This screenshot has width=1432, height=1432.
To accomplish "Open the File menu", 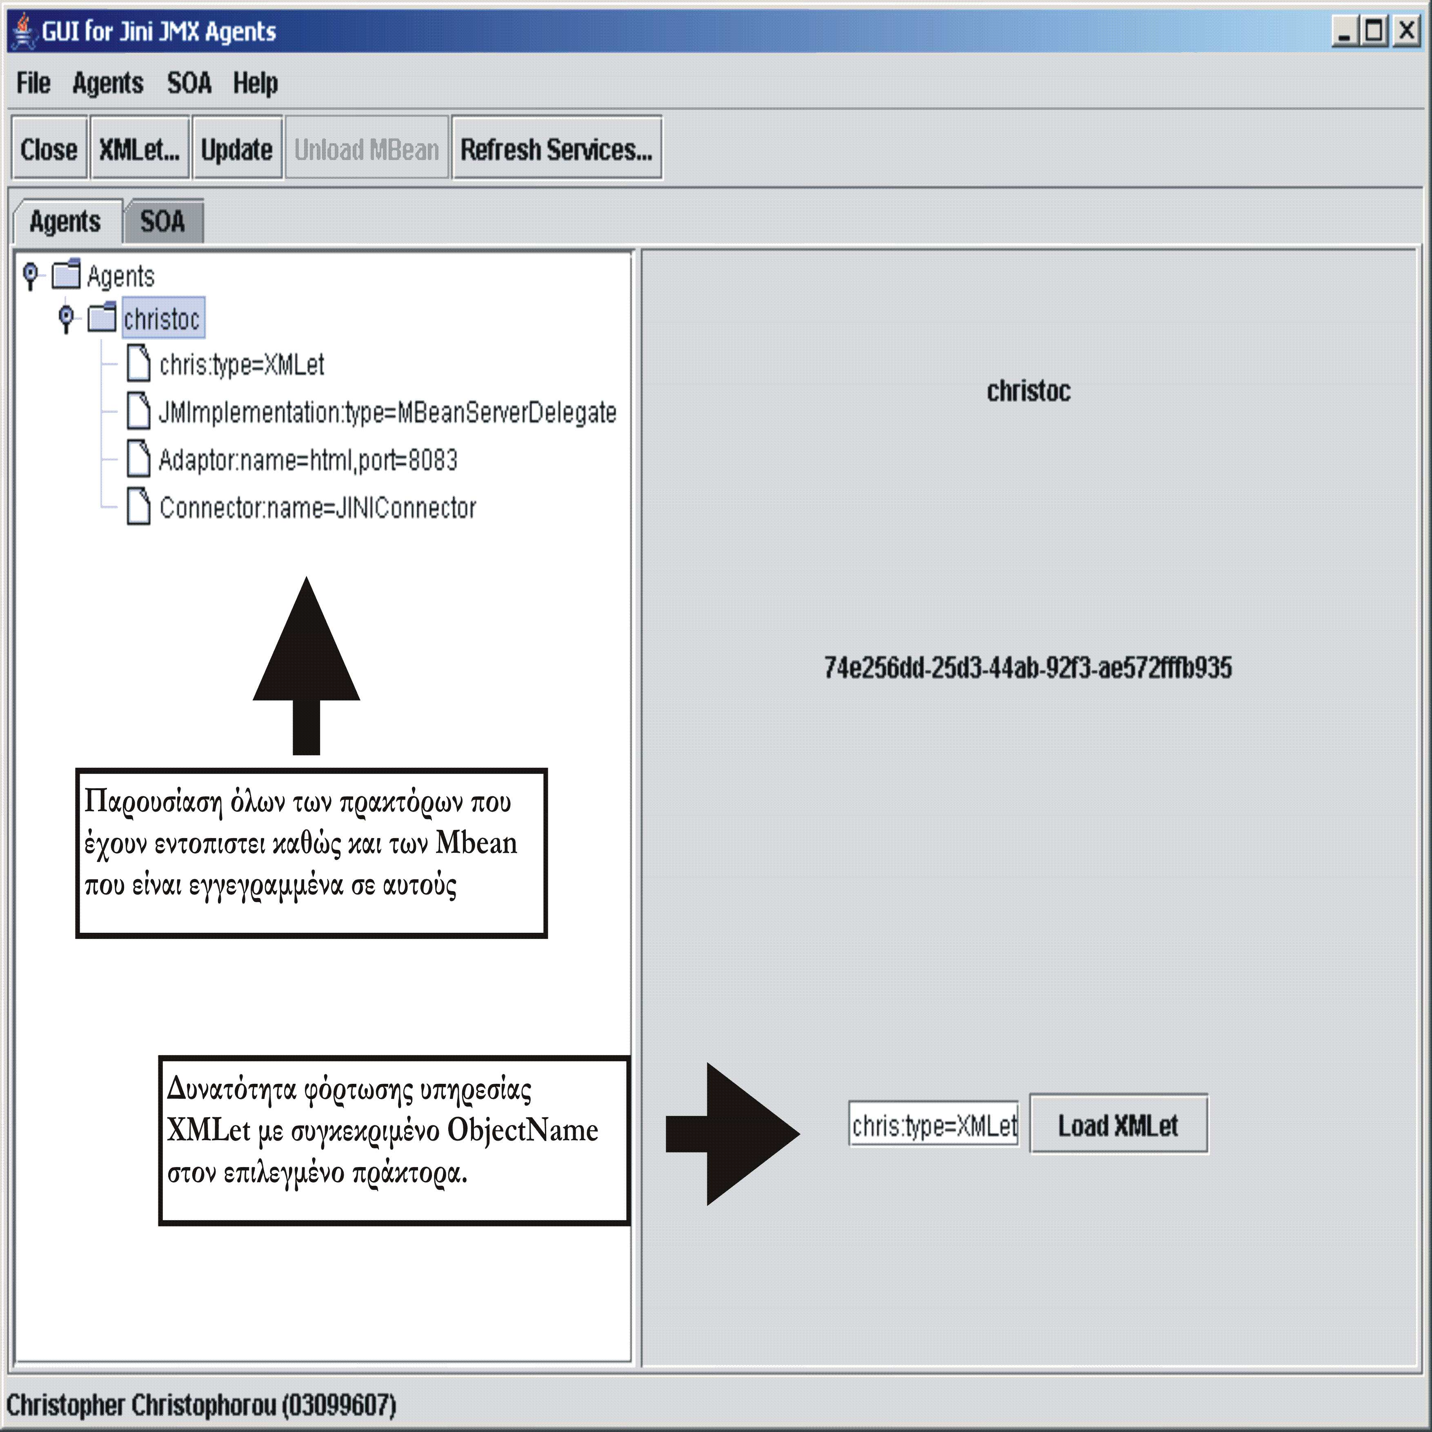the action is point(33,83).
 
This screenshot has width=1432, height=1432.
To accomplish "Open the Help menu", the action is point(256,83).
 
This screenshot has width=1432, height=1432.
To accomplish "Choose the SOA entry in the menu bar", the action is point(189,83).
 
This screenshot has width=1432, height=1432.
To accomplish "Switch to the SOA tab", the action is point(163,221).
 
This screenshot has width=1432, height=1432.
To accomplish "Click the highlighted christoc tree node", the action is point(162,319).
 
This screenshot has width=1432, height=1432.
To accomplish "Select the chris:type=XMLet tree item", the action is point(242,365).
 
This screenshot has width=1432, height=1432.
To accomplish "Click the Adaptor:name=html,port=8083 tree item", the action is point(308,460).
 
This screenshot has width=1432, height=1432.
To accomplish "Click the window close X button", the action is point(1406,31).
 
